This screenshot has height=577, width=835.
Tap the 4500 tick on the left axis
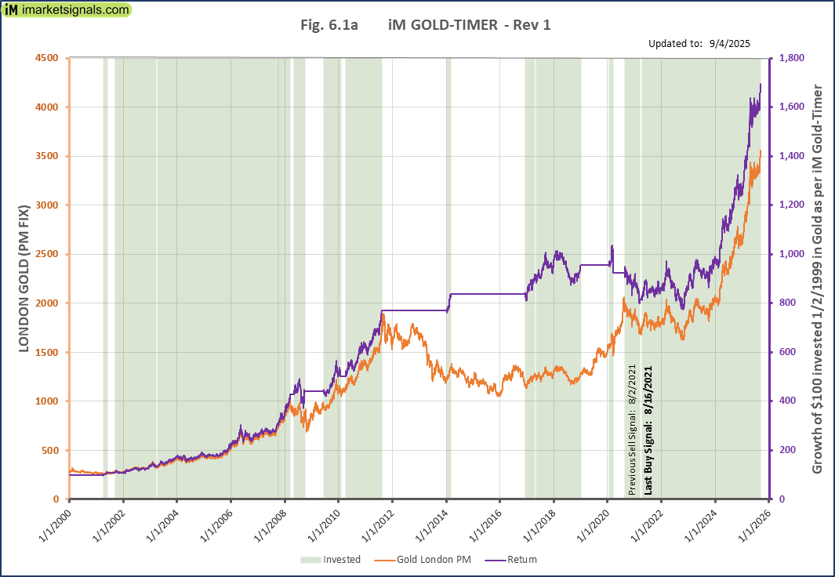pos(47,58)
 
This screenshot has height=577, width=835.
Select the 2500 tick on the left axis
pos(47,254)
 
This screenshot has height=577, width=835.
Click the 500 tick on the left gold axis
pos(50,450)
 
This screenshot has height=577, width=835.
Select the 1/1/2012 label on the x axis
pos(379,522)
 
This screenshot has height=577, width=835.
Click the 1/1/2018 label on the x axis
pos(540,522)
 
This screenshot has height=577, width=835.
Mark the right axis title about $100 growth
pos(819,278)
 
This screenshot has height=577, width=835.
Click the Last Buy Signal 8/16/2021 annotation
pos(648,429)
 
